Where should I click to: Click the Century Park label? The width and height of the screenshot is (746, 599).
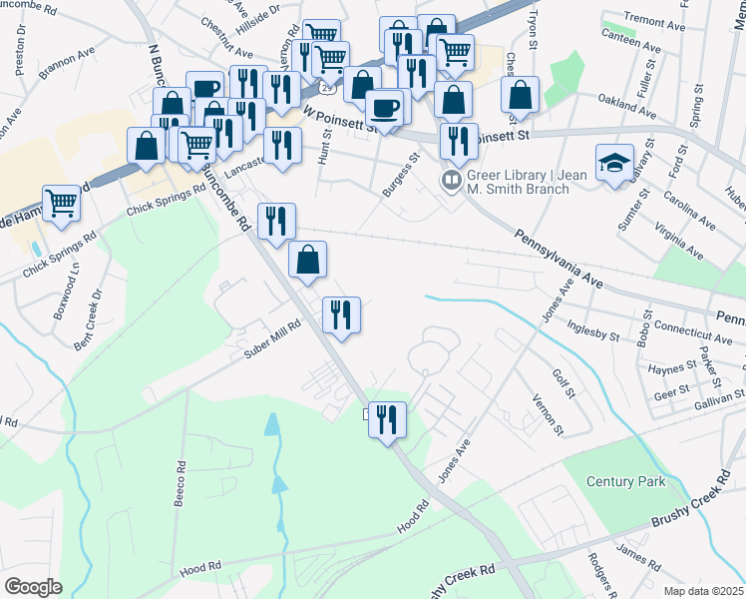point(625,481)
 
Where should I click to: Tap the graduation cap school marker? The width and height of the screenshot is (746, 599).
point(614,163)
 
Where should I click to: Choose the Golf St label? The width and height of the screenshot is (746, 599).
point(562,381)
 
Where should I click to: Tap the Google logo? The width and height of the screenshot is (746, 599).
point(34,586)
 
